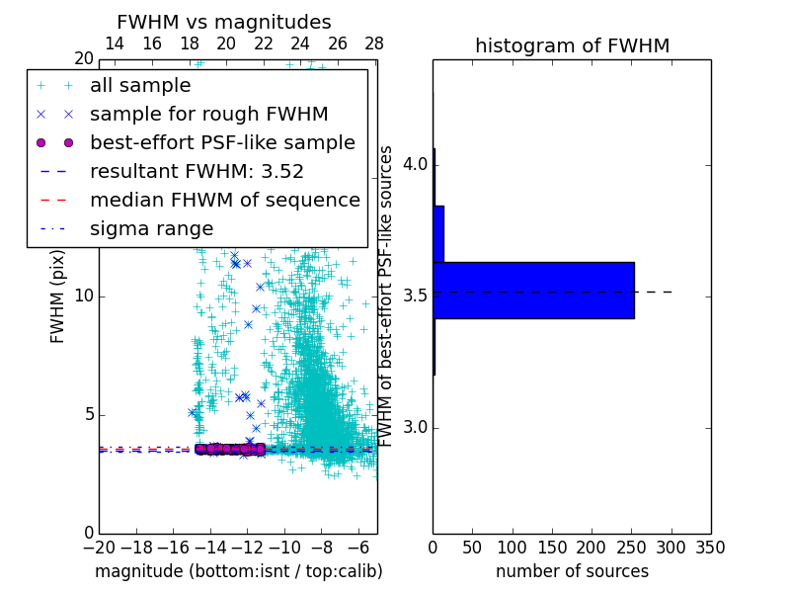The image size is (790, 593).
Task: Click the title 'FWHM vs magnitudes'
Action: pos(223,22)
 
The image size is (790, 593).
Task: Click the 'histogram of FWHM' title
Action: pos(572,45)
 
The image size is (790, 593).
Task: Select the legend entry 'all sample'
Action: pos(140,85)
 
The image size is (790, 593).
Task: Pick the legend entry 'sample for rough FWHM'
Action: pos(208,114)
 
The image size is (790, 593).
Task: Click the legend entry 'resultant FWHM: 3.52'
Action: pos(197,171)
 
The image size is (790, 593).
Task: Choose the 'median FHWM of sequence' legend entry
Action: pos(224,200)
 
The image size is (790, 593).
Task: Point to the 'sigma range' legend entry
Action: pos(151,228)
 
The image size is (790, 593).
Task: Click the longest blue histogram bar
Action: pos(533,291)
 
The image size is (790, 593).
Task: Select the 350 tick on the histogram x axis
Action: pos(710,547)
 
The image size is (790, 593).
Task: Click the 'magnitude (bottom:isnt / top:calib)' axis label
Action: pos(238,571)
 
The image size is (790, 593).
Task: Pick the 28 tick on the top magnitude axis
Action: pos(373,43)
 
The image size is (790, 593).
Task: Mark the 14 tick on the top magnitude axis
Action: pos(115,43)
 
